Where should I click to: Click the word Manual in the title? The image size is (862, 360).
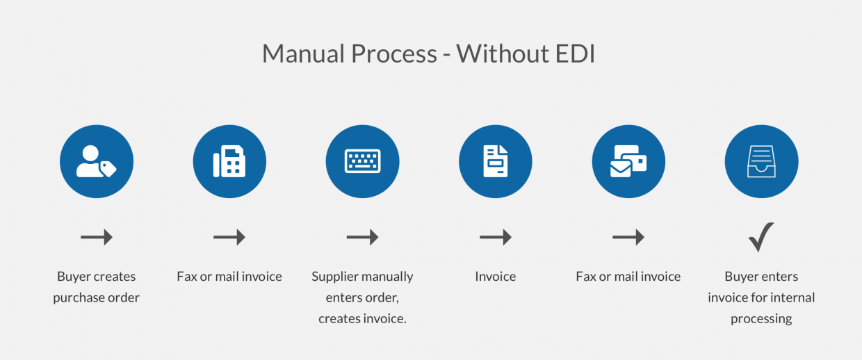(304, 54)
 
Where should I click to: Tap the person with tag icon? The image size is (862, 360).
(97, 161)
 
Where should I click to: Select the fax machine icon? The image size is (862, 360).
(229, 161)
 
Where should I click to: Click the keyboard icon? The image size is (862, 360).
(362, 161)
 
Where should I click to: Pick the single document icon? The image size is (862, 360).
(496, 161)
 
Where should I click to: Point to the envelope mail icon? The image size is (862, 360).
(628, 161)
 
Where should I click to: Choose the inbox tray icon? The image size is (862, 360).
(761, 161)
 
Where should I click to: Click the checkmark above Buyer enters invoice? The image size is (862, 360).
(761, 237)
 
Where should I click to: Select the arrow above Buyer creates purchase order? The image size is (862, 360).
(97, 238)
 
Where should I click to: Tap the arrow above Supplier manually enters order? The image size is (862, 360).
(362, 238)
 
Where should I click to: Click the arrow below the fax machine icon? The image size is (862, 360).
(229, 238)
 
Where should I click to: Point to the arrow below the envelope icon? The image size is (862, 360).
(628, 238)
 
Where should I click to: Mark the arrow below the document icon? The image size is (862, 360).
(496, 238)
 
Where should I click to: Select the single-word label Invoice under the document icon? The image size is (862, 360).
(496, 277)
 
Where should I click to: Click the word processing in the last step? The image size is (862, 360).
(761, 319)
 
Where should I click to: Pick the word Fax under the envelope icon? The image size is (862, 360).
(586, 277)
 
